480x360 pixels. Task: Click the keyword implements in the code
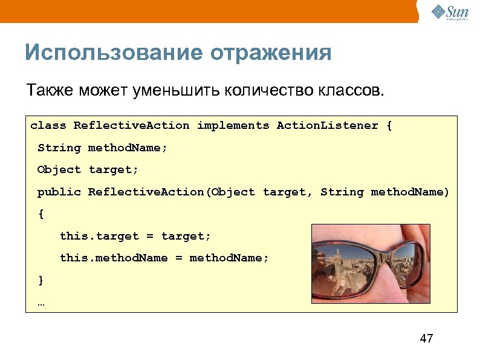233,126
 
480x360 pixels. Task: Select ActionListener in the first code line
327,126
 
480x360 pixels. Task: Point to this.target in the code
99,236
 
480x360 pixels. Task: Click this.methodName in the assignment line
114,258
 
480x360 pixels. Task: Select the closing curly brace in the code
41,280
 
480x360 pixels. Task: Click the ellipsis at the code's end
41,303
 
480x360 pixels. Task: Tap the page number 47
426,338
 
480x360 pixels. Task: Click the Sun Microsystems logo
450,13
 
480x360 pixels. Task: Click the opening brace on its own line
41,214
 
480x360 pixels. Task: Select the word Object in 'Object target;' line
59,170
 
